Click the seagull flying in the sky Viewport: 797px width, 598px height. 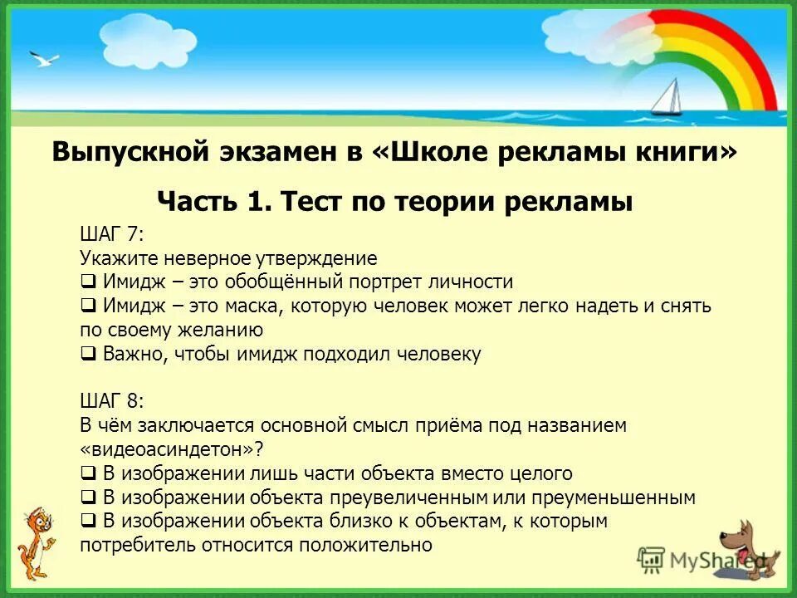[43, 59]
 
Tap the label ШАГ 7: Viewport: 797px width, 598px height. [112, 234]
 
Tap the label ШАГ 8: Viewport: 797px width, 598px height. [112, 402]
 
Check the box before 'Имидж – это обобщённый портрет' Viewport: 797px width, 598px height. [88, 282]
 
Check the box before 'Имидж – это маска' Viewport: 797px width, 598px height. [88, 306]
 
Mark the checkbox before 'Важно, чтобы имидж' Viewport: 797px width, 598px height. [88, 354]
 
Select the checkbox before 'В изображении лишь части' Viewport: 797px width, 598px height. [88, 474]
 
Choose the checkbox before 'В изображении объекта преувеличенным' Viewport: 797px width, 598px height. [88, 498]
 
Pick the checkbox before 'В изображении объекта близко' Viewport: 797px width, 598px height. [88, 522]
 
